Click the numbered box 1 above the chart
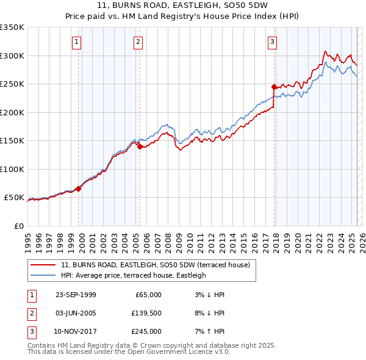77,42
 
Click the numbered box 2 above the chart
138,42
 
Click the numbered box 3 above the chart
272,42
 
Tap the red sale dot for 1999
79,189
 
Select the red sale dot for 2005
140,146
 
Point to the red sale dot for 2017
274,87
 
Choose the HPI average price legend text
133,275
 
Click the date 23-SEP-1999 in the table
76,295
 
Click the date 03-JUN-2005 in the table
76,313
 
